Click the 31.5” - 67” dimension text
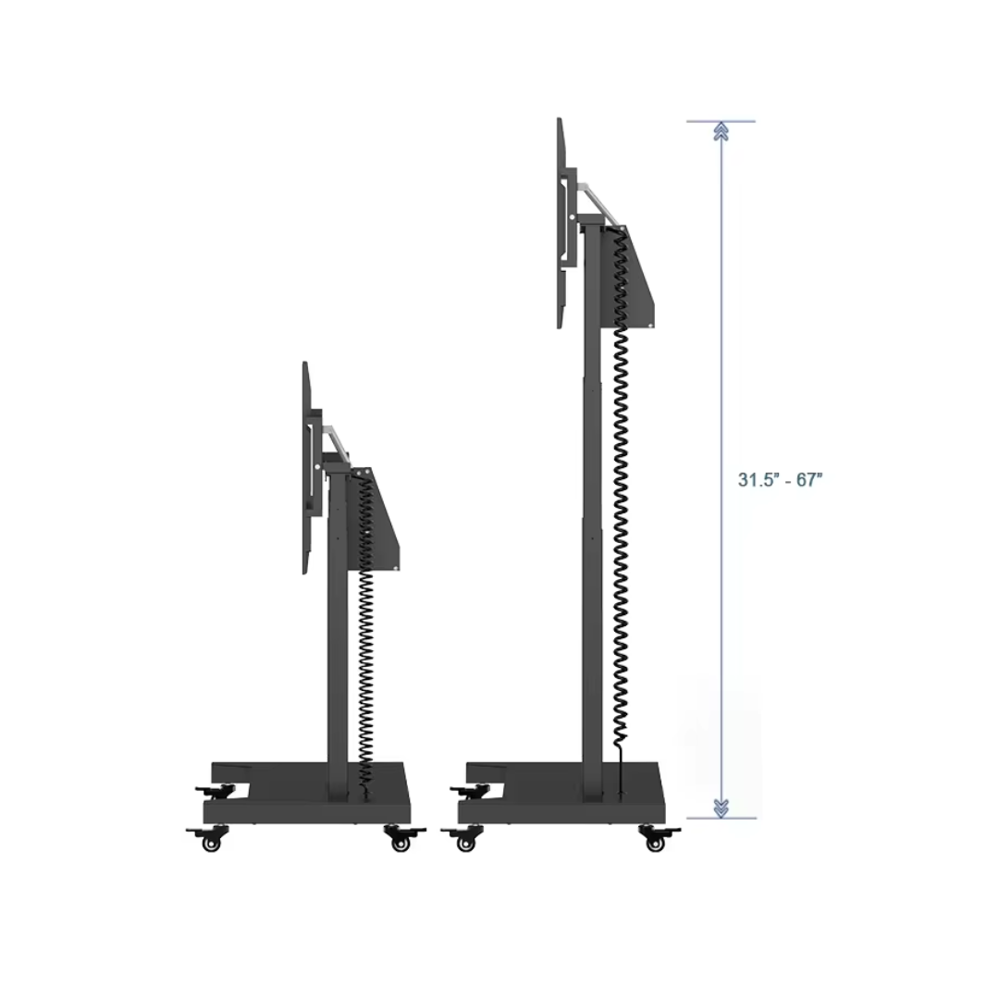[x=780, y=480]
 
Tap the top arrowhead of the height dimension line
[x=721, y=131]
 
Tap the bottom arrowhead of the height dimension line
[x=721, y=808]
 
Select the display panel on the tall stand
[x=560, y=223]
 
